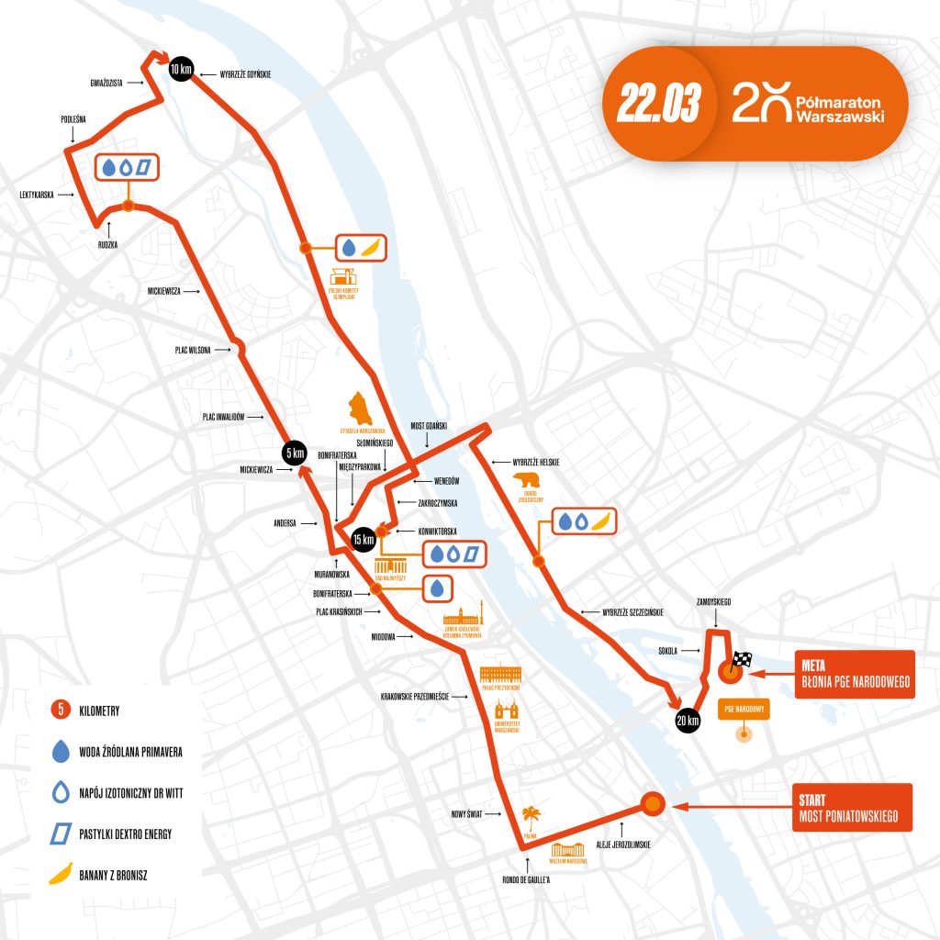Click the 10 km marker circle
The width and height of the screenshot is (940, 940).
[x=181, y=68]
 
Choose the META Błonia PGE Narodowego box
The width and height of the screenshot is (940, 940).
[x=853, y=674]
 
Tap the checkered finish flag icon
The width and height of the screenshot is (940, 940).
[x=741, y=660]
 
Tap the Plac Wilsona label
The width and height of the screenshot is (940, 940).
[x=194, y=350]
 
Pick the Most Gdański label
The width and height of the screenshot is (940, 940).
[x=429, y=424]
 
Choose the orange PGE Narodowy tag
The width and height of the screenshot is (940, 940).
[x=741, y=710]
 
